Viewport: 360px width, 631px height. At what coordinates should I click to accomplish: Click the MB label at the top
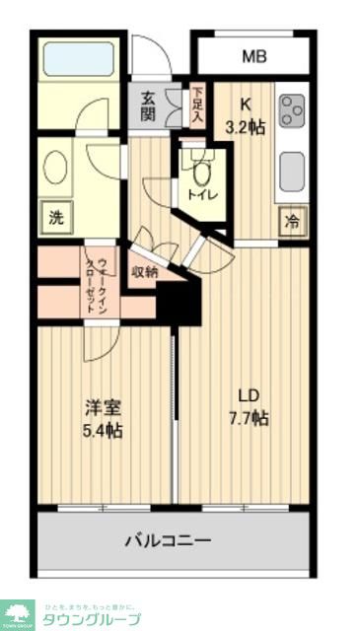tap(254, 56)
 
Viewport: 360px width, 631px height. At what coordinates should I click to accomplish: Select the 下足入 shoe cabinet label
tap(196, 105)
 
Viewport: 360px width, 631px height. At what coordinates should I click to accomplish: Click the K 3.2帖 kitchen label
tap(246, 114)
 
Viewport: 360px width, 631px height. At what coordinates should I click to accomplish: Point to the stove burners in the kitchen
tap(293, 110)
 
